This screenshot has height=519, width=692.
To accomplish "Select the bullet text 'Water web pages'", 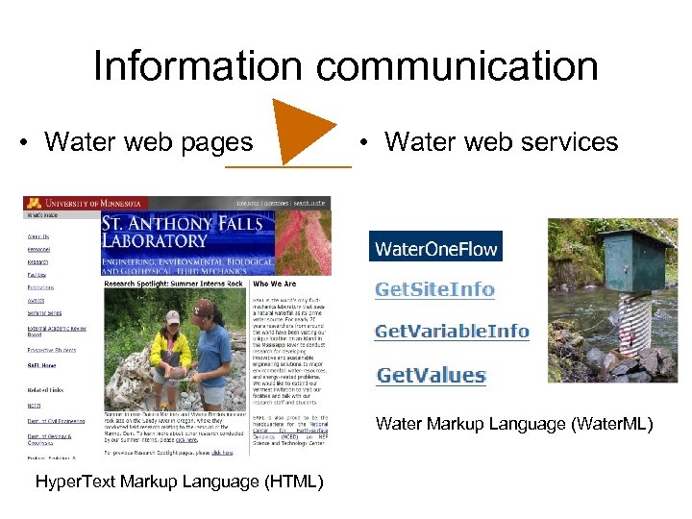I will click(148, 142).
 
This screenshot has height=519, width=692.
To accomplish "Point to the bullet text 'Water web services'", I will click(500, 142).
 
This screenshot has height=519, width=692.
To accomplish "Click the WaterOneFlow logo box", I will click(435, 249).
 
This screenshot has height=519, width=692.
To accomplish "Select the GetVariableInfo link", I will click(452, 332).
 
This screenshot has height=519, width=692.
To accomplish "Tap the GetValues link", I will click(431, 375).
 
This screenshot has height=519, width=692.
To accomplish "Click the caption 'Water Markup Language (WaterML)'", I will click(514, 423).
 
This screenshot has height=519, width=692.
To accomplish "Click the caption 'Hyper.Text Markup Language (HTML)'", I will click(178, 481).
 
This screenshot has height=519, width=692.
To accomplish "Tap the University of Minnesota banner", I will click(86, 203).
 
